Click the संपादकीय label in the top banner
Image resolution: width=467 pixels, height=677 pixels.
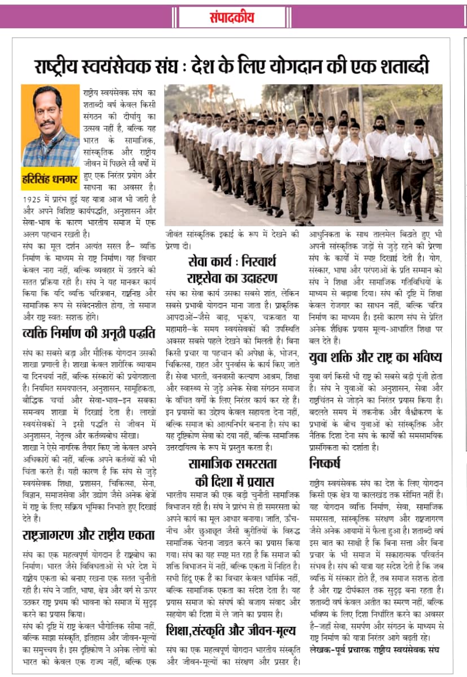point(233,17)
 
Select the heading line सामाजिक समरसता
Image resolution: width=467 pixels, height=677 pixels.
point(233,464)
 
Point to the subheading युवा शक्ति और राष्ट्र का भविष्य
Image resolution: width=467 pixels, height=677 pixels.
point(376,357)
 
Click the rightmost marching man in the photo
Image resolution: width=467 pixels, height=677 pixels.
point(422,169)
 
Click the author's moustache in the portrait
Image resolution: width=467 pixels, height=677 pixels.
point(47,122)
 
